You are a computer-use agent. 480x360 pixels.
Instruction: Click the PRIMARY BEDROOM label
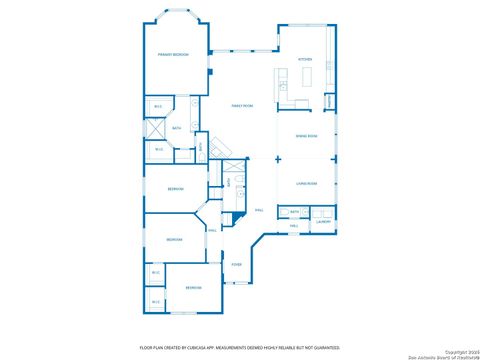[173, 54]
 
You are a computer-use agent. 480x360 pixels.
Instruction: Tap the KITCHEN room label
[305, 60]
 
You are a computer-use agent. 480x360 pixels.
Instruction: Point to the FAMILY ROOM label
[241, 105]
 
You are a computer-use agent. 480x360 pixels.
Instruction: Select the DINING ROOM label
[306, 136]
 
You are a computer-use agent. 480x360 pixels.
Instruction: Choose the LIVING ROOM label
[306, 183]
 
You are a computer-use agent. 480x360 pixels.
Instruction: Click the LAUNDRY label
[323, 222]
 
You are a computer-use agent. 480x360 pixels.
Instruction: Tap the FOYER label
[237, 264]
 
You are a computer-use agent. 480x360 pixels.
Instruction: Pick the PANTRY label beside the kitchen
[330, 101]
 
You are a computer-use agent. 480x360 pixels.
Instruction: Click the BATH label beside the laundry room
[295, 212]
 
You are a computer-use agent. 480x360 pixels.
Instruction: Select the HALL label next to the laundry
[294, 226]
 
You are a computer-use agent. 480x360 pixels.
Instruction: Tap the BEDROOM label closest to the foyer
[193, 288]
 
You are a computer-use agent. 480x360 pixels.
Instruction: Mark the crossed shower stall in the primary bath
[157, 128]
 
